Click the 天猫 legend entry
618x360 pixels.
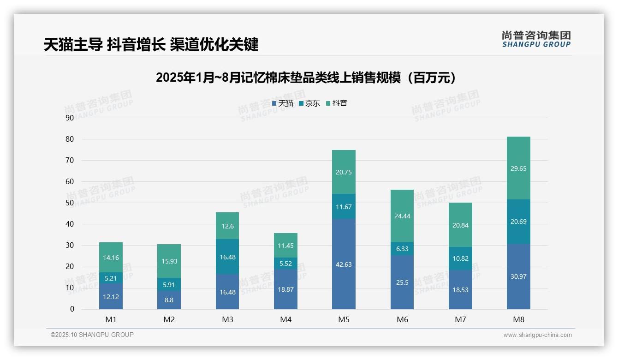pos(283,103)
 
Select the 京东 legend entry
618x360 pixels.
pos(309,103)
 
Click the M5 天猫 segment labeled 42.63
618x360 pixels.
pos(344,264)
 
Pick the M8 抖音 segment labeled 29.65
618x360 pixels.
pos(518,168)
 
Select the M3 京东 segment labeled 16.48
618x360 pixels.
pos(227,257)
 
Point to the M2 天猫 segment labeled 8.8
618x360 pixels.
pos(169,300)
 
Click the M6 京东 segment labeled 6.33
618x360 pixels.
pos(402,248)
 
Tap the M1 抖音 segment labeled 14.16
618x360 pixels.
pos(111,258)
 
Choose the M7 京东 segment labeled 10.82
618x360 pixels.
pos(460,258)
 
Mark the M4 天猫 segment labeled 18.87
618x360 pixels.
pos(285,289)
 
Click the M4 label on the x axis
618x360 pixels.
pos(285,319)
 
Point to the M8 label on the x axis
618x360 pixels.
pos(518,319)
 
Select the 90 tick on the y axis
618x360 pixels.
pos(70,118)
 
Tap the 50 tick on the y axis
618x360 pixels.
pos(70,203)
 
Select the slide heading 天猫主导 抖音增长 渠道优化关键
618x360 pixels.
pos(151,44)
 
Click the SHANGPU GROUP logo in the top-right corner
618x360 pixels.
pos(536,39)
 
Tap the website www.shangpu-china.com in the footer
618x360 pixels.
pos(537,335)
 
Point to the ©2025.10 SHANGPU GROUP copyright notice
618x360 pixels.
pos(92,335)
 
